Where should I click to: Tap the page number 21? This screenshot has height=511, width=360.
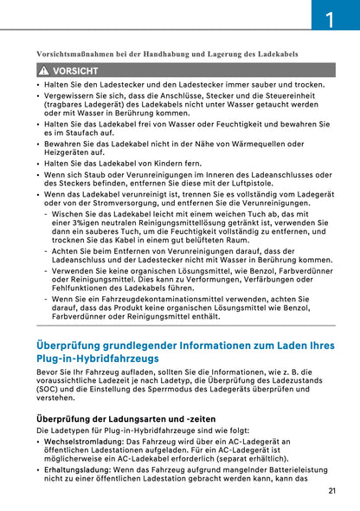click(x=333, y=491)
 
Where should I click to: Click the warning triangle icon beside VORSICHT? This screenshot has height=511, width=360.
click(x=42, y=70)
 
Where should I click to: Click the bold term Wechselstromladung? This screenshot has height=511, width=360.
click(x=84, y=441)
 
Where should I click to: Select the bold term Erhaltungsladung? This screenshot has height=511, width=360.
click(x=80, y=469)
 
